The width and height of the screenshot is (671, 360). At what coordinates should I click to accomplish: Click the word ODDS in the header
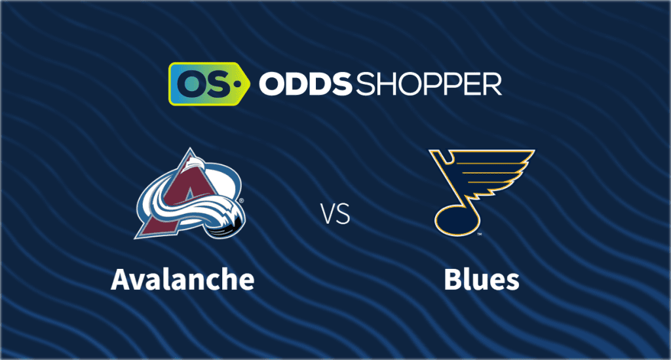click(305, 84)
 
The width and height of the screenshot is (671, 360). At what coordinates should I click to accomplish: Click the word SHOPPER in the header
click(429, 84)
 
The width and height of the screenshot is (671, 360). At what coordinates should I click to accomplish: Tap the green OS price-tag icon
click(209, 84)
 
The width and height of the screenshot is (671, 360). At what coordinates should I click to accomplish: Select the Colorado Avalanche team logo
click(191, 193)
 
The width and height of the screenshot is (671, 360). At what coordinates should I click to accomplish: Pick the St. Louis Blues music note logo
click(482, 192)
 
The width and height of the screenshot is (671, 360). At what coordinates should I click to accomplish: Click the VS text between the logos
click(336, 214)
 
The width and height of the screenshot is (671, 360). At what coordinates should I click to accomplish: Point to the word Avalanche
click(183, 280)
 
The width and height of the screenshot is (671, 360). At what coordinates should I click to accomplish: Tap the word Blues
click(482, 280)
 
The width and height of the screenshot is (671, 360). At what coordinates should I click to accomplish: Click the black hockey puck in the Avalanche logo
click(227, 224)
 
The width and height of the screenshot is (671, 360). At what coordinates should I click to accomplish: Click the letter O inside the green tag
click(189, 83)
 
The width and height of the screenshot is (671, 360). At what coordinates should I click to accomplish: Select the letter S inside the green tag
click(216, 83)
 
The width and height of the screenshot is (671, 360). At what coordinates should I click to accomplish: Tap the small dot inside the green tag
click(235, 84)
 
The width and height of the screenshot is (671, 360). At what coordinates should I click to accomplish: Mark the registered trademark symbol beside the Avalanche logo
click(241, 201)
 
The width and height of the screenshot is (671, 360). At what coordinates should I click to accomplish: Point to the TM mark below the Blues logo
click(480, 234)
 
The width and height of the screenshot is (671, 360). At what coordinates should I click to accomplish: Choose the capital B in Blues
click(451, 280)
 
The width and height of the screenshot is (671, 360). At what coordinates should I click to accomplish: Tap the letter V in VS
click(329, 214)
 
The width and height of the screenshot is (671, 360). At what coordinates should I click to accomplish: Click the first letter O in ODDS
click(272, 84)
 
